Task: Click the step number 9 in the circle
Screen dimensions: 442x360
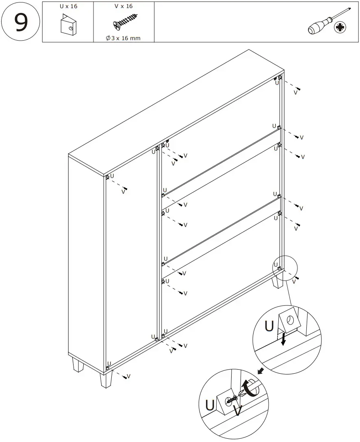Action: tap(21, 22)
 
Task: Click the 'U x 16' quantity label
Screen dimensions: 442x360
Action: tap(68, 7)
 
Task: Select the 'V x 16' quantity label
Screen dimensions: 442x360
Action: tap(124, 7)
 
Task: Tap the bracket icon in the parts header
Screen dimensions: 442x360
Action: tap(67, 25)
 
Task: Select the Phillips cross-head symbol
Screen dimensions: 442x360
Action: tap(340, 28)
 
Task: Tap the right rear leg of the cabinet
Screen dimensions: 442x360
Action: tap(278, 281)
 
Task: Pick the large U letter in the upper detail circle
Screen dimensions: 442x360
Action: tap(269, 326)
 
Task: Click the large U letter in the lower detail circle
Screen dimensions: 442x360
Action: tap(210, 405)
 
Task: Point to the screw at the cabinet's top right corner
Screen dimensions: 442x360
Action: tap(298, 89)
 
